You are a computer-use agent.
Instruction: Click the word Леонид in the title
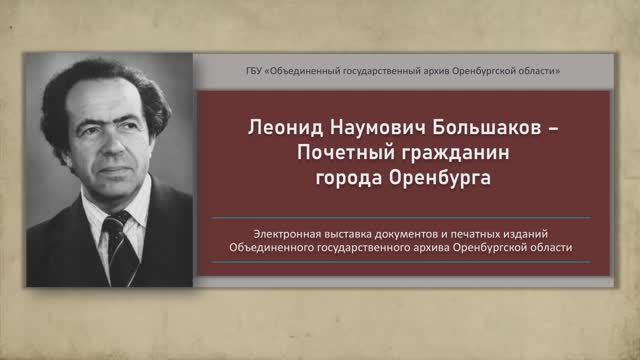coord(275,130)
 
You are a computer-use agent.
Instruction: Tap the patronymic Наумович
coord(362,130)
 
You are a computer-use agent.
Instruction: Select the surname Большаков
coord(474,130)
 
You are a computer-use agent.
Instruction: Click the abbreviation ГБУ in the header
coord(257,70)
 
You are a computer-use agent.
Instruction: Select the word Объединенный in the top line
coord(311,70)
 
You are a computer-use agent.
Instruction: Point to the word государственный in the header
coord(397,70)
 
